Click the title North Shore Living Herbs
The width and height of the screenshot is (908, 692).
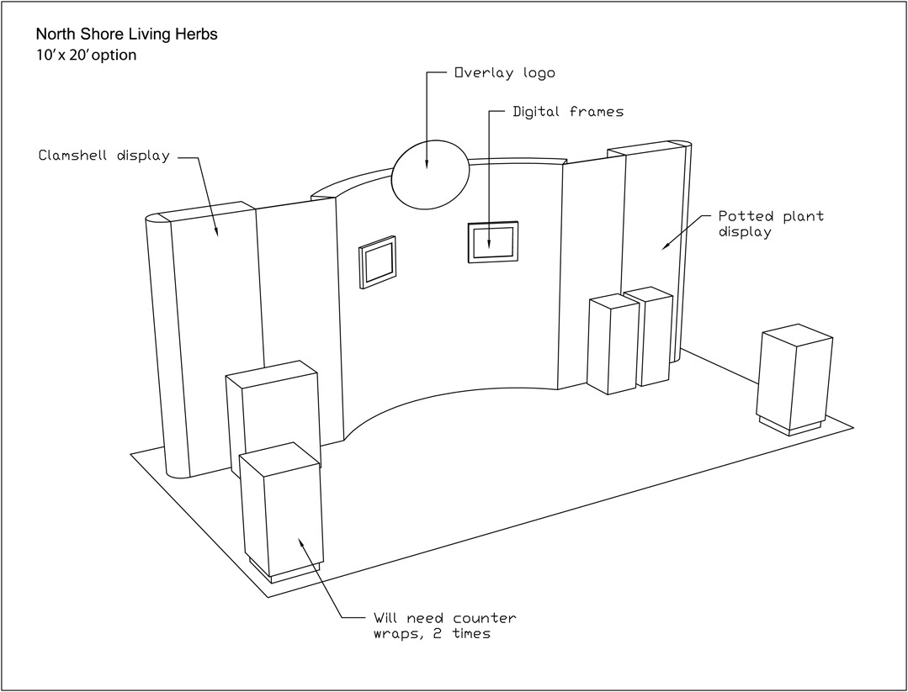127,35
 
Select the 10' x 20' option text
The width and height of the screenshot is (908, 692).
86,55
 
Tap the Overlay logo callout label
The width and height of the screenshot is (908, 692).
505,73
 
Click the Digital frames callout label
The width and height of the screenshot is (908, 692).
569,111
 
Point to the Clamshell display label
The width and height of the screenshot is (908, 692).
104,156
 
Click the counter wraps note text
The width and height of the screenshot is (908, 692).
444,626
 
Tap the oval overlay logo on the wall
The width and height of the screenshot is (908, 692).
430,174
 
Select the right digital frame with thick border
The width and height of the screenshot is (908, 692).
493,242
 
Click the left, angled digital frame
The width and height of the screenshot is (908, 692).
378,262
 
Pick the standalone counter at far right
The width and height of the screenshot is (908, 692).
794,377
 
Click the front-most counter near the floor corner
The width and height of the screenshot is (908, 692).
282,513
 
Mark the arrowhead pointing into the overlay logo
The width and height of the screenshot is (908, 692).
427,165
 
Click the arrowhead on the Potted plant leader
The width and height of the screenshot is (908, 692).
666,246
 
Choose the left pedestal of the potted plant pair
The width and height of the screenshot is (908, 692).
612,345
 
